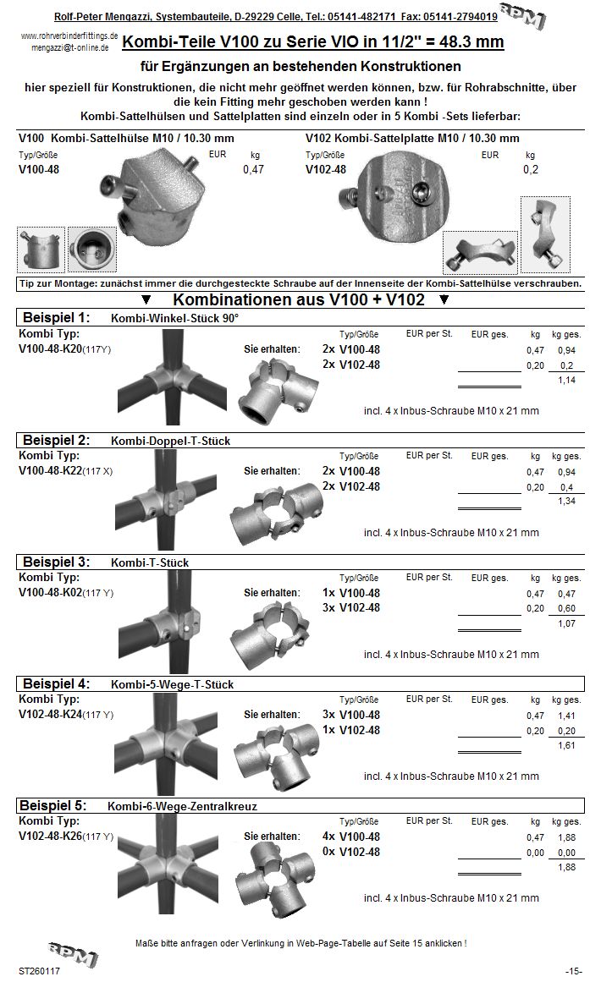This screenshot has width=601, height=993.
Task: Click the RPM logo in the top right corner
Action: (521, 16)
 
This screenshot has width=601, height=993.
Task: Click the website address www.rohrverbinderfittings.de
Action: (69, 36)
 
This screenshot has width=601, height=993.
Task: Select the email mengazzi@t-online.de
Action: (69, 48)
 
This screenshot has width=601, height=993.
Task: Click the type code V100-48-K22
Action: (50, 471)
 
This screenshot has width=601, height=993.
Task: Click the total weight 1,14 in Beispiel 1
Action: (566, 381)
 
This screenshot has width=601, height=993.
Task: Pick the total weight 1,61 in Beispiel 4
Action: (566, 746)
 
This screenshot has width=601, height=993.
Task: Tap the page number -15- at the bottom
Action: (574, 971)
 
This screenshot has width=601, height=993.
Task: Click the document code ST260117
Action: (39, 971)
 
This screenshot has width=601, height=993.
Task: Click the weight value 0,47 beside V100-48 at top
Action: (253, 170)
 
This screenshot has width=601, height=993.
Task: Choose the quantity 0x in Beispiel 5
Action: (328, 852)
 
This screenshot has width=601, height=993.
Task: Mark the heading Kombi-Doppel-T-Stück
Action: (170, 441)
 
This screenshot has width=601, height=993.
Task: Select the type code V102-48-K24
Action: (50, 715)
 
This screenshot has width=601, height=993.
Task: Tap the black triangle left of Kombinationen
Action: (146, 300)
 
